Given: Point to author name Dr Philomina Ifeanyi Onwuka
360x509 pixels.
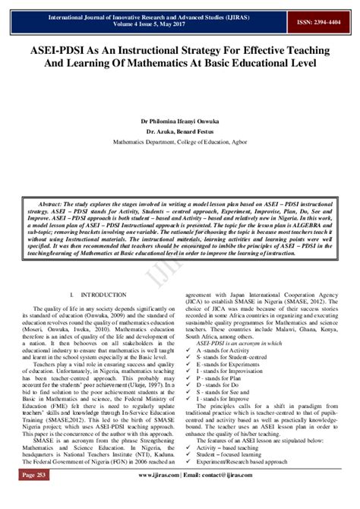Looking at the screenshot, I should point(180,120).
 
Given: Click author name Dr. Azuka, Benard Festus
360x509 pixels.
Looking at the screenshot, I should point(180,130).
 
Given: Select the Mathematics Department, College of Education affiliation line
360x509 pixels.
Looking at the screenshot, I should point(180,141).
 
